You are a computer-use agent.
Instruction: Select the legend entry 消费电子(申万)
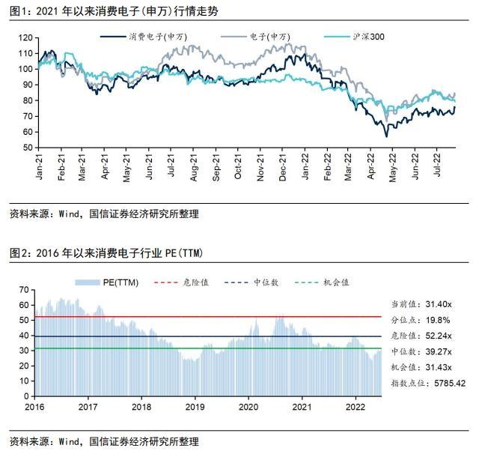154,37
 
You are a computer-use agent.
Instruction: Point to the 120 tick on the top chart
26,37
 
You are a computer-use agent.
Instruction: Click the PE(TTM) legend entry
114,282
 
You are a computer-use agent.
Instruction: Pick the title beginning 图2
106,253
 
